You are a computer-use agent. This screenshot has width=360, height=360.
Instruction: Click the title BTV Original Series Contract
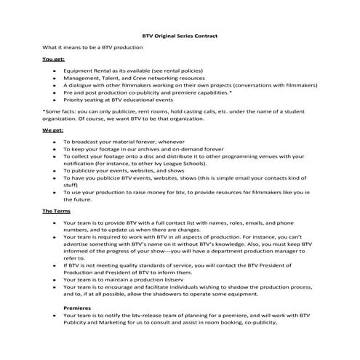(179, 35)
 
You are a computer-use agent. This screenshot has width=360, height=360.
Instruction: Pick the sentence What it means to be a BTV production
(102, 47)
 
